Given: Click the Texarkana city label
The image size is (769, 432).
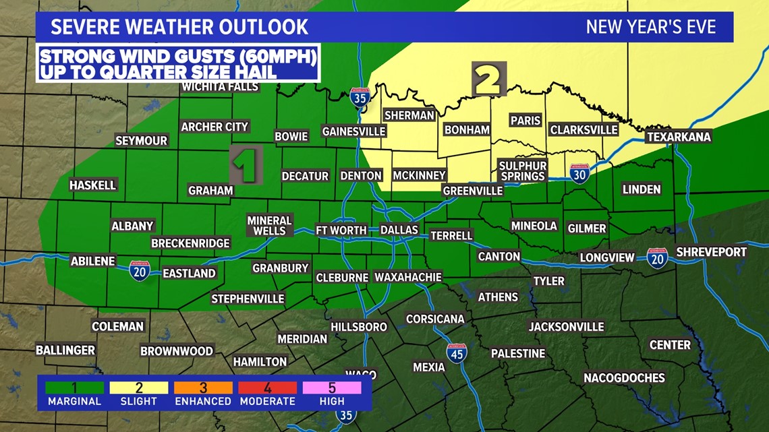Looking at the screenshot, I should pos(679,137).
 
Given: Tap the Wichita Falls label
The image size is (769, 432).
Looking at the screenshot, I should pos(219,87).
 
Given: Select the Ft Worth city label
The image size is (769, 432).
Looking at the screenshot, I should pos(341,230).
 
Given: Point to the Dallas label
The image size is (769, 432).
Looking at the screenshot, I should pos(399,230).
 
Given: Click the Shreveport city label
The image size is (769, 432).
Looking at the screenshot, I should pos(711,251).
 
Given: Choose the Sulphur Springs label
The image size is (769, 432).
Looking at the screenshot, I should pos(522,171).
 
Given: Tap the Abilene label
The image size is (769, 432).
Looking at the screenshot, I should pos(94,261).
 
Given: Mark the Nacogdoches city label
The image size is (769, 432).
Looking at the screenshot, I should pos(624,377).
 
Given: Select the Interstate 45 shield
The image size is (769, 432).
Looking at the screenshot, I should pos(457,353).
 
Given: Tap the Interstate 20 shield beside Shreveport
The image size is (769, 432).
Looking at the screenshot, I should pos(657,258).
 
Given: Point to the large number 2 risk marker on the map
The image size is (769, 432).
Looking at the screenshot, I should pos(488,79).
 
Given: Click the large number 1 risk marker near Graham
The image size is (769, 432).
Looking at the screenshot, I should pos(246,166).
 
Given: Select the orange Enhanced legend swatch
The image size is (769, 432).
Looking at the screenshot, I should pos(203,388).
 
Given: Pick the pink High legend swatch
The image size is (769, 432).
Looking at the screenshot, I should pos(332,388).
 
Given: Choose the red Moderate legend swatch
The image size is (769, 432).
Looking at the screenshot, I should pos(268,388).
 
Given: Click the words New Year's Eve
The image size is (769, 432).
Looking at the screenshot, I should pos(650,27).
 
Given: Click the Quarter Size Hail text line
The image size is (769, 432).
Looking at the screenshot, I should pos(158,71).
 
